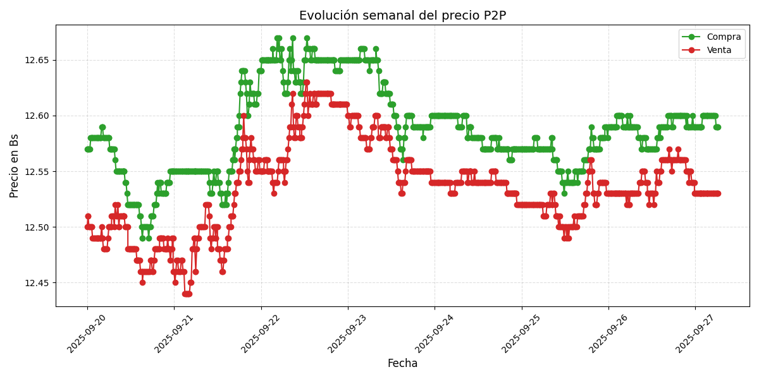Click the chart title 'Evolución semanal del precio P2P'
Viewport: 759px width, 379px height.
(402, 16)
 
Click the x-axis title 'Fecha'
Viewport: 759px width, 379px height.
(402, 364)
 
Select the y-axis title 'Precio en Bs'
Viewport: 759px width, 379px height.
(15, 165)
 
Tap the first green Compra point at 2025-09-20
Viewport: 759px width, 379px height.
(87, 149)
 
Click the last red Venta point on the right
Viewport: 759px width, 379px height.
(717, 193)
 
